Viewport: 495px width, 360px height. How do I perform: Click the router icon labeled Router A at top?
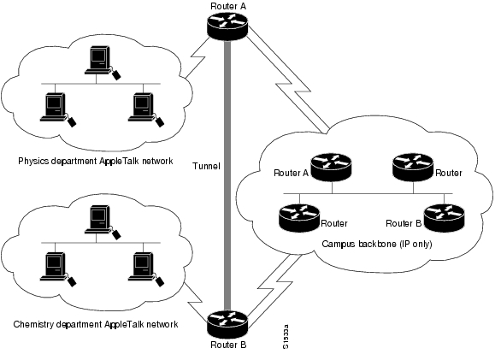(x=227, y=27)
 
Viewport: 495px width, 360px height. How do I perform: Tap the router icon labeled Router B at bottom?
(x=227, y=324)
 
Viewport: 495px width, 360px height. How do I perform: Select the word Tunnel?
(x=206, y=166)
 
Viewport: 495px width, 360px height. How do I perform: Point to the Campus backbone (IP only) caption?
(x=377, y=244)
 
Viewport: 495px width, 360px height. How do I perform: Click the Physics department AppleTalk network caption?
(x=96, y=161)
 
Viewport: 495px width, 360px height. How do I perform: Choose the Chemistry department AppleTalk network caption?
(x=96, y=324)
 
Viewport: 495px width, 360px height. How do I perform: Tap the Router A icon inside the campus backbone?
(x=331, y=168)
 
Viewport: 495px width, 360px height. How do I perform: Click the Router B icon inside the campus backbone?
(x=444, y=218)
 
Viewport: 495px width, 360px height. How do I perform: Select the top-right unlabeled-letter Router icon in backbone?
(x=413, y=168)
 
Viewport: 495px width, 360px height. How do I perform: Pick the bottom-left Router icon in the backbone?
(x=299, y=218)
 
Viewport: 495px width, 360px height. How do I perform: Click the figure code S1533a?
(x=286, y=337)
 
